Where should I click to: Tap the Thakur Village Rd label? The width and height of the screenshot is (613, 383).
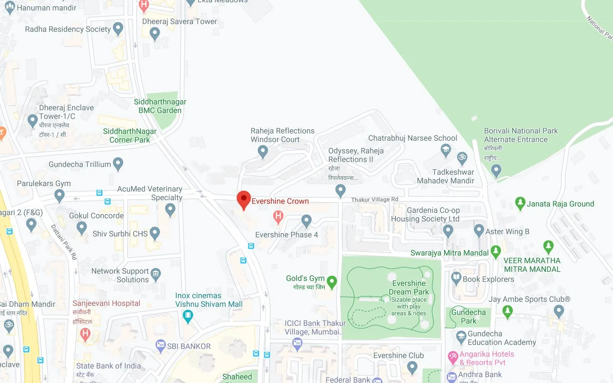pyautogui.click(x=374, y=200)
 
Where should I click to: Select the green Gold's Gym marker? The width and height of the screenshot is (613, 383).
pyautogui.click(x=332, y=282)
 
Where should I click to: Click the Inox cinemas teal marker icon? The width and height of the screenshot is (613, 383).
pyautogui.click(x=188, y=316)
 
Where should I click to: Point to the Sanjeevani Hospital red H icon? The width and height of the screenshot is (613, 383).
pyautogui.click(x=84, y=334)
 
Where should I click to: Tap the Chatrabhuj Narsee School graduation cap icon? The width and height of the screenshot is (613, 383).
pyautogui.click(x=446, y=150)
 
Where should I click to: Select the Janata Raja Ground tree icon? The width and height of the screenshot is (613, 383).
pyautogui.click(x=520, y=203)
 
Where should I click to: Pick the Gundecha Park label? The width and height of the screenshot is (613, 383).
pyautogui.click(x=469, y=317)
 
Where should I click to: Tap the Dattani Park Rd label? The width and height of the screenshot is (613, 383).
pyautogui.click(x=64, y=242)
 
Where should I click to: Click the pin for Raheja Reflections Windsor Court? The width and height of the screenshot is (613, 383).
pyautogui.click(x=263, y=151)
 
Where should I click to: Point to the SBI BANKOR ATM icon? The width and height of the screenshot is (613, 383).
pyautogui.click(x=160, y=346)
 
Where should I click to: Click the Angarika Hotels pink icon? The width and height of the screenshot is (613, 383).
pyautogui.click(x=453, y=358)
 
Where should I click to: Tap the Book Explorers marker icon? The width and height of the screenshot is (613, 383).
pyautogui.click(x=456, y=279)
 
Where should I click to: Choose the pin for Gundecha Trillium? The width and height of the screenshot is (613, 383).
pyautogui.click(x=118, y=163)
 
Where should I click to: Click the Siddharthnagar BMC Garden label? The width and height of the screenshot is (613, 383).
pyautogui.click(x=160, y=106)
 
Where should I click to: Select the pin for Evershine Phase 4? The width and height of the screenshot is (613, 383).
pyautogui.click(x=306, y=221)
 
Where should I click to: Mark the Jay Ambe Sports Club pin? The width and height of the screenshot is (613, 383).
pyautogui.click(x=559, y=311)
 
